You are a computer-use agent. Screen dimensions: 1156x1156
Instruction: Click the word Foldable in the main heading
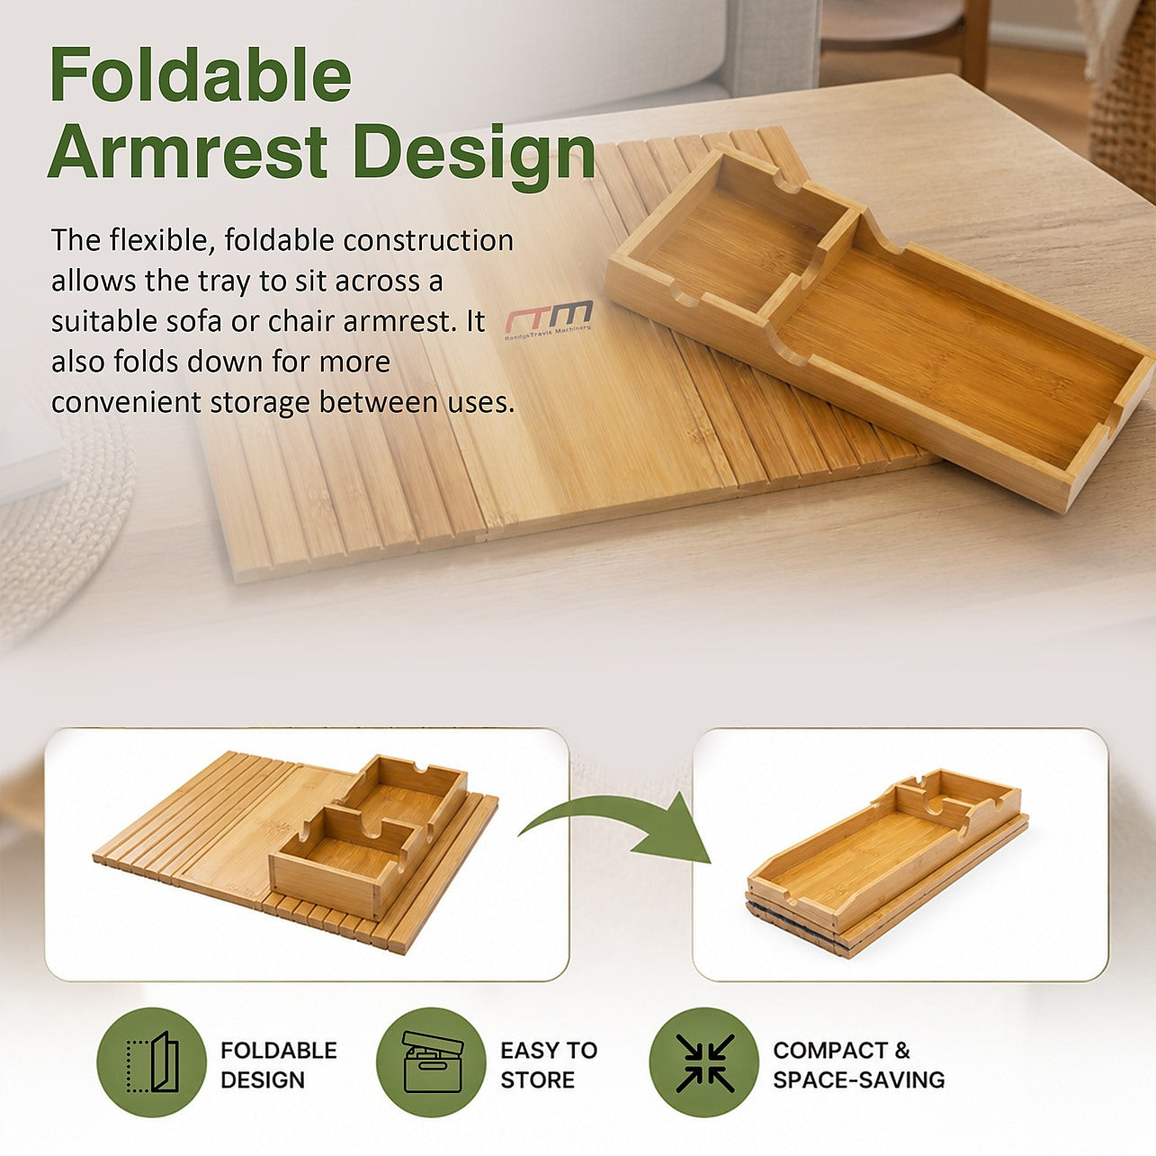tap(201, 75)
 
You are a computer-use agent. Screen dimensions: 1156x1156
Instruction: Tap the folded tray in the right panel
tap(888, 863)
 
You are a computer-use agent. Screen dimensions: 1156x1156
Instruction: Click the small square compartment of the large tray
tap(732, 240)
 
